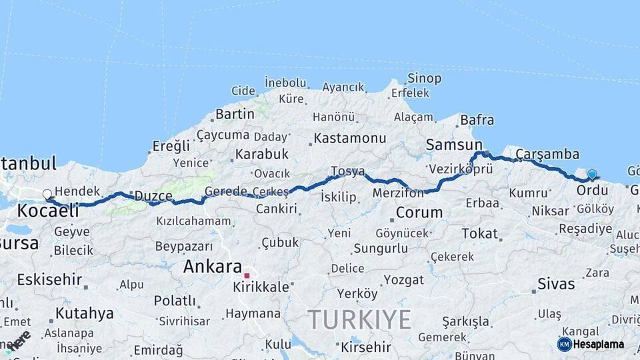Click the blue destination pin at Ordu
592,175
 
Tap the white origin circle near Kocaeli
47,195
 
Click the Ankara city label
213,267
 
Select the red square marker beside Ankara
247,275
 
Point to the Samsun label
454,145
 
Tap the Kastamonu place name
350,138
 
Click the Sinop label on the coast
424,78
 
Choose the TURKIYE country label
359,320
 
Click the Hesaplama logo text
599,345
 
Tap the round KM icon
565,344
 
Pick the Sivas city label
556,283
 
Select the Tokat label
480,233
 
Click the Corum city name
419,213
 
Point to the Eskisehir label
49,279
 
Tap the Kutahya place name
84,313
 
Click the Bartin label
235,114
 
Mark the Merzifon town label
398,193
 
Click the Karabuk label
261,154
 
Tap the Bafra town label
477,120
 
